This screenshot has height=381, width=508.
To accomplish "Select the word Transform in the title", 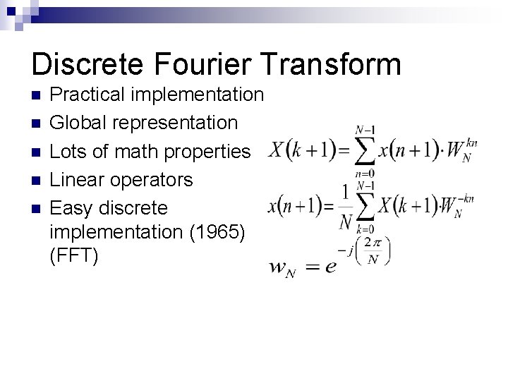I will tap(333, 64).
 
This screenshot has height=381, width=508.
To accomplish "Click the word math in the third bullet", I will tap(146, 152).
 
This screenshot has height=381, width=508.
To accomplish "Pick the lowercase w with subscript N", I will tap(279, 269).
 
